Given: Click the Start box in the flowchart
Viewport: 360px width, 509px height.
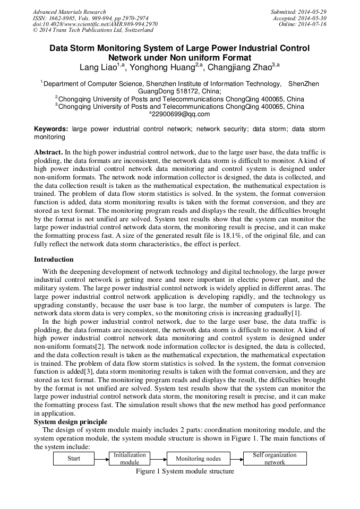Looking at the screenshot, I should (x=74, y=458).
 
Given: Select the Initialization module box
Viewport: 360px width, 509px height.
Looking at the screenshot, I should (x=130, y=458).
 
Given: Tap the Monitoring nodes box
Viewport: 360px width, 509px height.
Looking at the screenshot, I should (x=199, y=459).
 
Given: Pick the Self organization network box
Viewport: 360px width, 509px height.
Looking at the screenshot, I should (x=275, y=458).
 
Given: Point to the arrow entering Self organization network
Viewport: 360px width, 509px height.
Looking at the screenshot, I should (x=237, y=459).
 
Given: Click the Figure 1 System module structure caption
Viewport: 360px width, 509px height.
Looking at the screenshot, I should (x=185, y=471).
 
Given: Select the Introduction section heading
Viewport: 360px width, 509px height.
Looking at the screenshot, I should (x=54, y=260).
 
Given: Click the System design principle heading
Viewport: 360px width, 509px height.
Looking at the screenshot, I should (x=71, y=422).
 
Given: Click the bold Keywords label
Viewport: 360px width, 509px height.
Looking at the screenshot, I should (x=51, y=129).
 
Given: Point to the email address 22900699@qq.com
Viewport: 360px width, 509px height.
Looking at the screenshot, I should (x=179, y=114).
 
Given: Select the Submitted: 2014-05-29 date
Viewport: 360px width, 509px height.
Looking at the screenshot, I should (x=298, y=12).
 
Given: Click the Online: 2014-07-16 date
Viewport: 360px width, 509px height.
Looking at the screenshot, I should (x=303, y=24).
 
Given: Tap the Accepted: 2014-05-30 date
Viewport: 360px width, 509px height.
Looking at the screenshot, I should (x=299, y=18).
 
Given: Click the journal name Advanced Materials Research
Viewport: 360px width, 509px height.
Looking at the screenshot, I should (x=69, y=12).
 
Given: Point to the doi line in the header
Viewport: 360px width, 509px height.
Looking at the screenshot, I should (x=95, y=24).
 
